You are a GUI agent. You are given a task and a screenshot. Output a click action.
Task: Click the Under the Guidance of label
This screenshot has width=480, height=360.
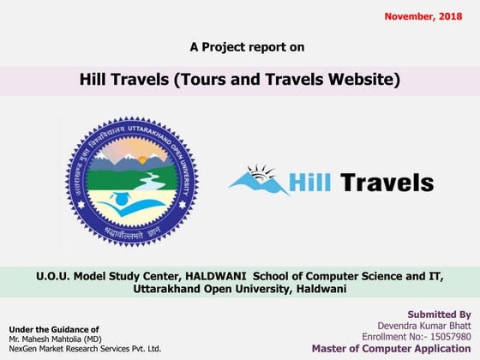(x=53, y=329)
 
